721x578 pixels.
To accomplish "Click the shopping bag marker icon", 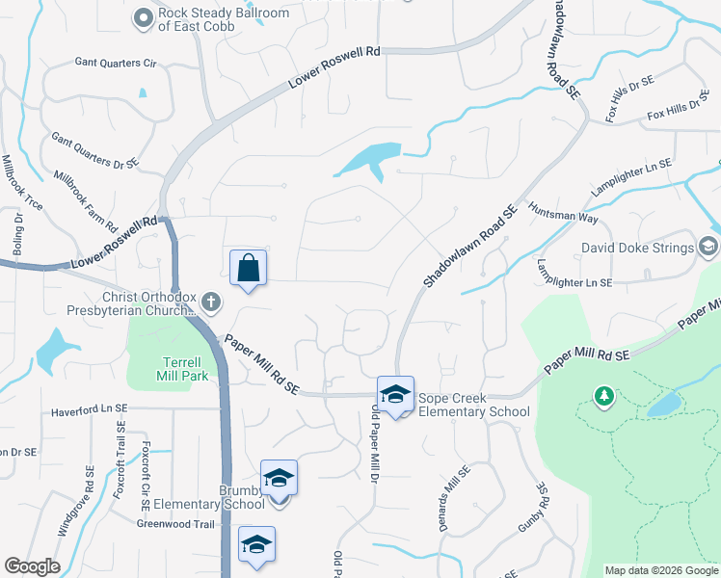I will (248, 268).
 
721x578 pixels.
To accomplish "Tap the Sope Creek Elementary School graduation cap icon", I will (395, 393).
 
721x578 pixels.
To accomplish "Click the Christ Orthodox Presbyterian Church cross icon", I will (212, 304).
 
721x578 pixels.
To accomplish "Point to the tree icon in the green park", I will (603, 395).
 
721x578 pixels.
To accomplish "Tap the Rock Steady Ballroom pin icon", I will (145, 17).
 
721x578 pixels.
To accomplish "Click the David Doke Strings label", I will (636, 248).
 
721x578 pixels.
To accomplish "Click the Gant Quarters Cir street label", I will (116, 63).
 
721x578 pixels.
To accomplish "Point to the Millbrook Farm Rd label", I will (86, 202).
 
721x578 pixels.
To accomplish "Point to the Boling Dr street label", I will (17, 254).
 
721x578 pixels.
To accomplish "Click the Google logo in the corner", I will (32, 566).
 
